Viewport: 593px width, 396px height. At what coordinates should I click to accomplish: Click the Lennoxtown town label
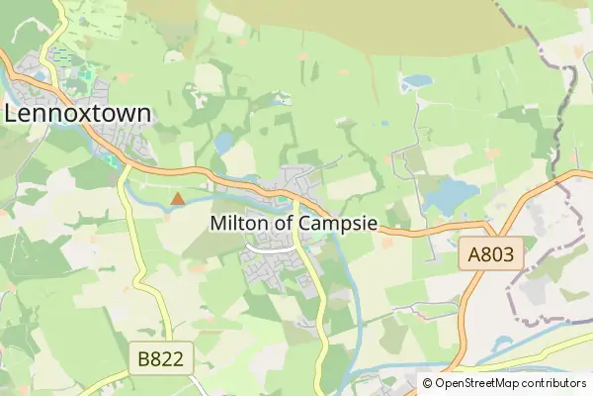[x=78, y=113]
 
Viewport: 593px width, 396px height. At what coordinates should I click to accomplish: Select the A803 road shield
[x=491, y=255]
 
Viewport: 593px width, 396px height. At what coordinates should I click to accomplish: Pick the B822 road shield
[x=160, y=357]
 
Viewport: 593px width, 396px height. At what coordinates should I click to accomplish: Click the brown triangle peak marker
[x=177, y=199]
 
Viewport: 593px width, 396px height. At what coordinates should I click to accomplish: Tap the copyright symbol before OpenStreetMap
[x=428, y=383]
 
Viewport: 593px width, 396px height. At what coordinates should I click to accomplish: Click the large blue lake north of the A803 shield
[x=451, y=196]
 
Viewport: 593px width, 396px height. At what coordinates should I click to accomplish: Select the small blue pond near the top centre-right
[x=418, y=81]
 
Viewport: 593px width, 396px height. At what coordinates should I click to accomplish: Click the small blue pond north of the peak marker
[x=224, y=143]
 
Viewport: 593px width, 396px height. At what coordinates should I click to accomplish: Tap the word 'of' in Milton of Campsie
[x=284, y=224]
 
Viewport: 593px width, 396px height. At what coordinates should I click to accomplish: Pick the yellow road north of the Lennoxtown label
[x=59, y=30]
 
